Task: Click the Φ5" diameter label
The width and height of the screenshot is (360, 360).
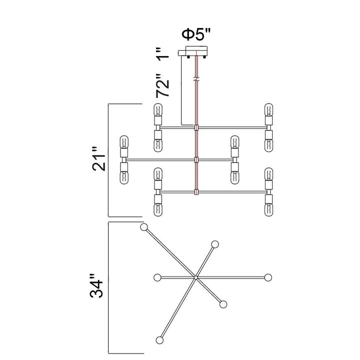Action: (196, 34)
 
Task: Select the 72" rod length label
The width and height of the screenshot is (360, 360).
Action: (163, 85)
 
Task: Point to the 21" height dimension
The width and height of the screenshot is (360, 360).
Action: (99, 159)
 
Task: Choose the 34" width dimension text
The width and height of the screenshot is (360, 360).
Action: (96, 285)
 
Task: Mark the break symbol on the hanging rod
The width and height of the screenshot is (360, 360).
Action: (196, 79)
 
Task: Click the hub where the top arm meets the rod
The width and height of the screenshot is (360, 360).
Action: (196, 127)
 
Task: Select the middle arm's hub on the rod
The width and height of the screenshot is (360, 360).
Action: (196, 159)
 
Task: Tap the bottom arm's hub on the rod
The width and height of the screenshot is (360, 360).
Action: (196, 191)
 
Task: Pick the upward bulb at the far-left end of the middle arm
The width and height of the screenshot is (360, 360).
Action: (124, 142)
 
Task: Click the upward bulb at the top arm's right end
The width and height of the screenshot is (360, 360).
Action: (268, 109)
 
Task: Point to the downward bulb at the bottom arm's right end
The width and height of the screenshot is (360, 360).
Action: (268, 210)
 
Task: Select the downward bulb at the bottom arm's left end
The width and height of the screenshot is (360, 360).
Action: (157, 210)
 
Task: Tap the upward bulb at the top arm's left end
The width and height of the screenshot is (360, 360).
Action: (157, 109)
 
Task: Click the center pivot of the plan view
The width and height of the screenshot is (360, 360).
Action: (195, 277)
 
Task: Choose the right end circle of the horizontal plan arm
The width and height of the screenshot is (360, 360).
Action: (268, 277)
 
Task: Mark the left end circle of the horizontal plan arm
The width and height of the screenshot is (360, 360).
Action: (157, 277)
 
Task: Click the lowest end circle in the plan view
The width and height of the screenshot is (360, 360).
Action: (159, 340)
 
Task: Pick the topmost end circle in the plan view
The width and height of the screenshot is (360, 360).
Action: (144, 227)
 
